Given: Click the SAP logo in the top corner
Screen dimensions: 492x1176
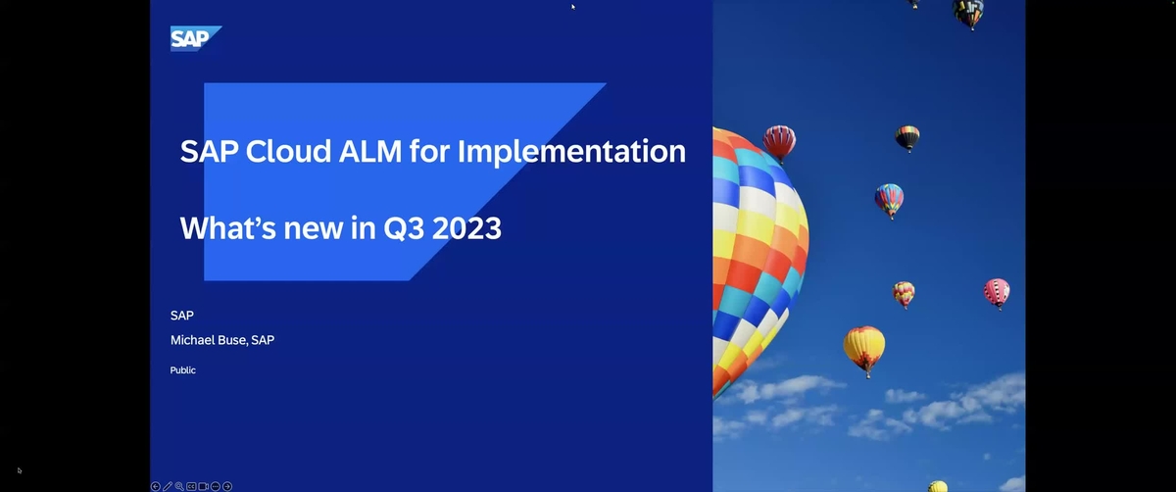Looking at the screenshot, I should [195, 38].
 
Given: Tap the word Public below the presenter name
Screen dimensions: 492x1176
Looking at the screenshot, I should [182, 370].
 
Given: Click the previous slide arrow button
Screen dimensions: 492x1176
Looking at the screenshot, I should [156, 486].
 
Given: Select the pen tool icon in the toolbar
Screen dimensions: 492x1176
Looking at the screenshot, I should [168, 486].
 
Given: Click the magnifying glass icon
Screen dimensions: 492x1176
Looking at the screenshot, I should [179, 486].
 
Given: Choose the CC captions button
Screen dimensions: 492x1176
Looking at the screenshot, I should [191, 486].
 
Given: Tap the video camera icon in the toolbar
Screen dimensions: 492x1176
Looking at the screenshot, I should [204, 486].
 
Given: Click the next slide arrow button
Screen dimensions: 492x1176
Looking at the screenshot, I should [227, 486].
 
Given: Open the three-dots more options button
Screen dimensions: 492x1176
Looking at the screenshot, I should [216, 486].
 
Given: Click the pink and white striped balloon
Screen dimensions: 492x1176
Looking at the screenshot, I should [997, 291].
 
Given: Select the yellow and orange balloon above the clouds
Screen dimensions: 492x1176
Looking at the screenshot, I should [864, 346].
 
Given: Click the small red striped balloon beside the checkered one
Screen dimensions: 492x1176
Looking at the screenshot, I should [779, 141].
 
